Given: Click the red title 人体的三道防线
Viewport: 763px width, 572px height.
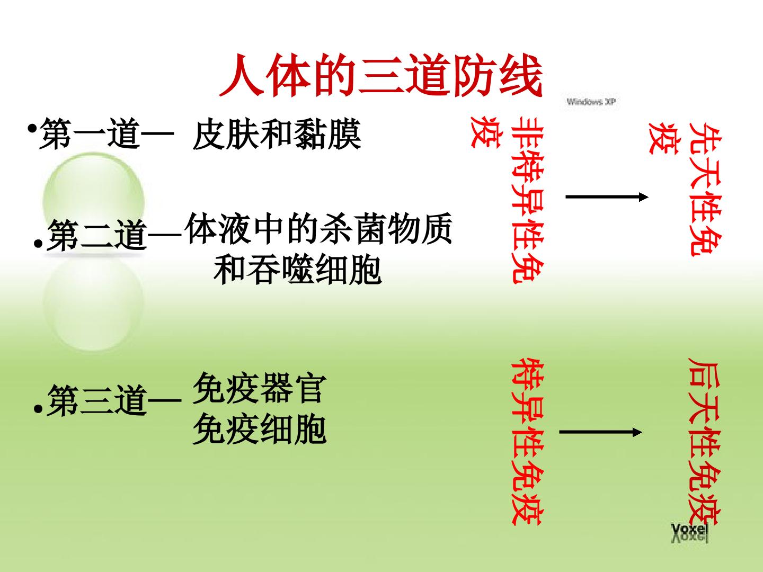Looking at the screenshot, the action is coord(380,76).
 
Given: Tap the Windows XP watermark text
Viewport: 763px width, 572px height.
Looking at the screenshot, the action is coord(591,102).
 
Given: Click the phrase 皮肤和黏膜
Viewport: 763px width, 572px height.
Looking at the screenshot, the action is coord(277,135).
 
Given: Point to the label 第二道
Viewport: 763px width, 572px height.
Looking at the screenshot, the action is coord(97,235).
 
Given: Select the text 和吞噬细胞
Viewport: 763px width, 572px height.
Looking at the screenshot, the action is coord(298,269).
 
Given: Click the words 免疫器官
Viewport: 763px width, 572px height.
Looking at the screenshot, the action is coord(260,388).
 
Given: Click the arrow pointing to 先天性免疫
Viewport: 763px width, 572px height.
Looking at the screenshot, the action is coord(607,197).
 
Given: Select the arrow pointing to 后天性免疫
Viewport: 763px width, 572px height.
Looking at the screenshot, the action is coord(600,432).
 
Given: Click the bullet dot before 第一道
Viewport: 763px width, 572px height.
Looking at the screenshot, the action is coord(32,129).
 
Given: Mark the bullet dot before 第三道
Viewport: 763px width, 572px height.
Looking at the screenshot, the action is coord(38,409).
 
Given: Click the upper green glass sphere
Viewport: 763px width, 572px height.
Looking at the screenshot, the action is coord(94,203).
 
